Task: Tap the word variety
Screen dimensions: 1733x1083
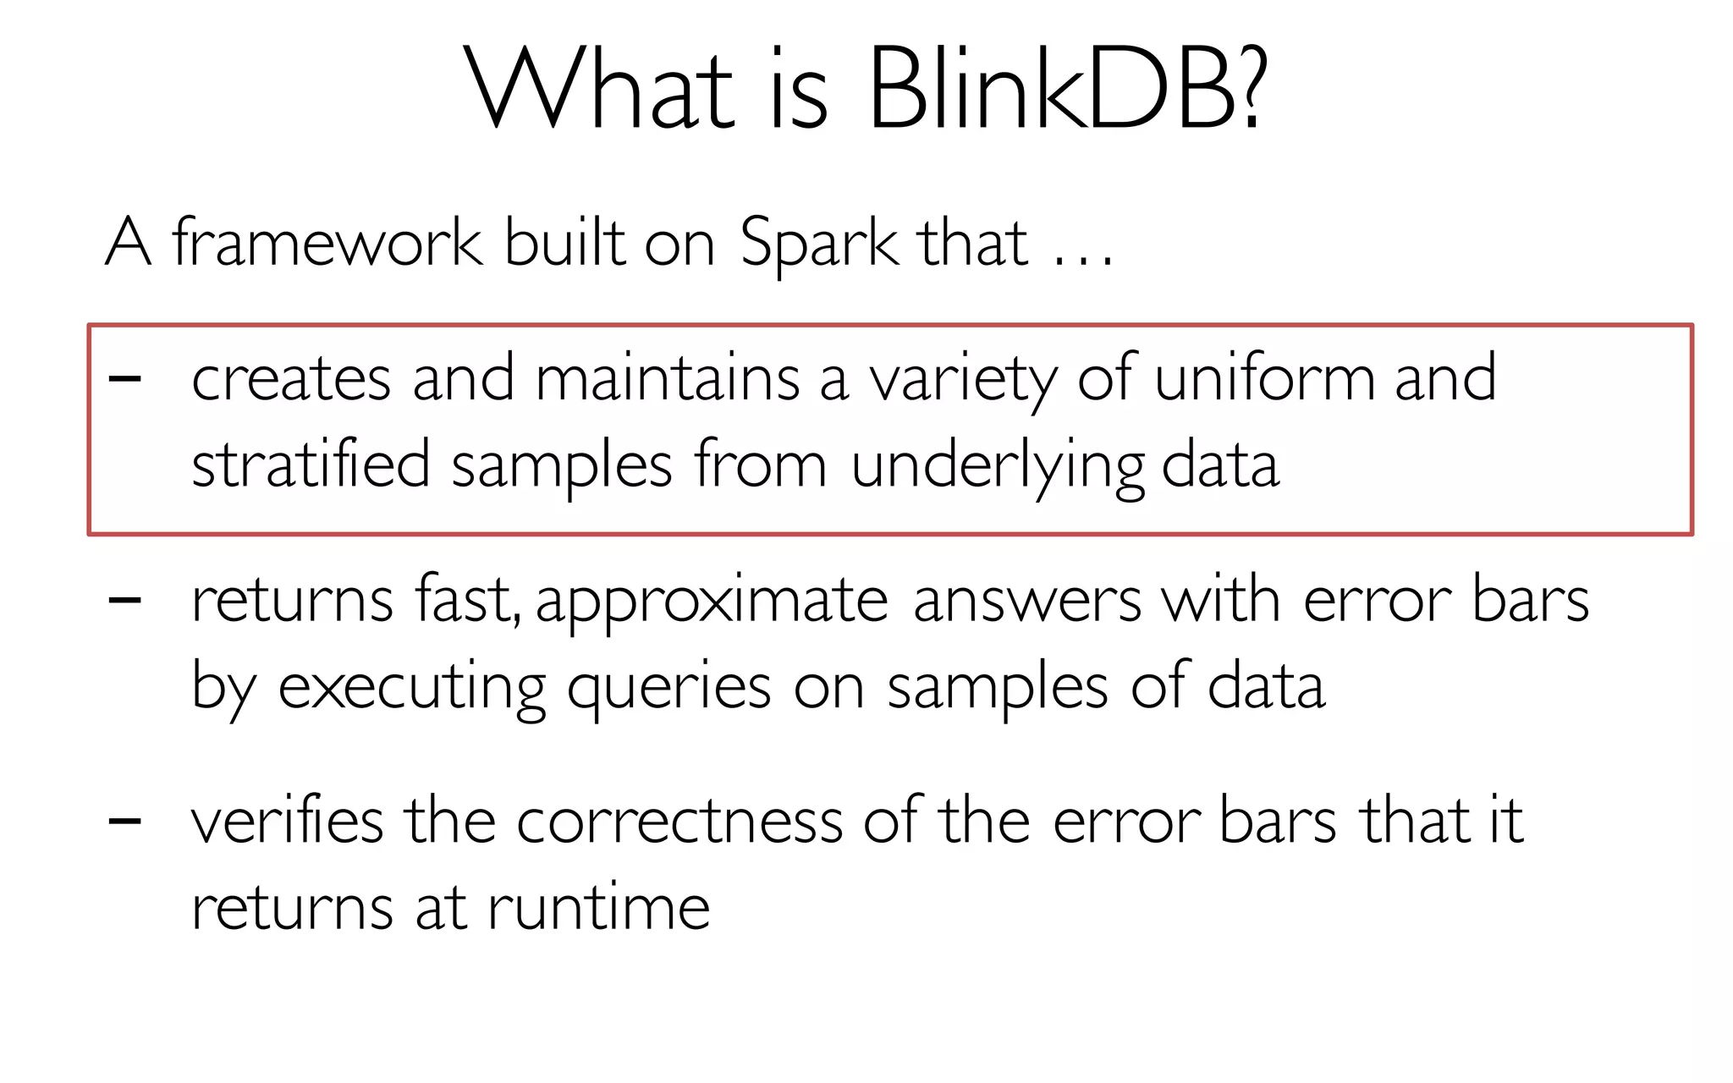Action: [x=964, y=381]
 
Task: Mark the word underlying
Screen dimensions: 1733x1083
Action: [x=998, y=467]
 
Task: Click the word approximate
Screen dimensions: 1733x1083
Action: [x=712, y=602]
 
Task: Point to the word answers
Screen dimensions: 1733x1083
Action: [x=1027, y=602]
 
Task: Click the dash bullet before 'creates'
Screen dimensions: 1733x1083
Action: [x=125, y=379]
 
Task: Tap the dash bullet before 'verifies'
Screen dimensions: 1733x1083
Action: [x=125, y=821]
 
